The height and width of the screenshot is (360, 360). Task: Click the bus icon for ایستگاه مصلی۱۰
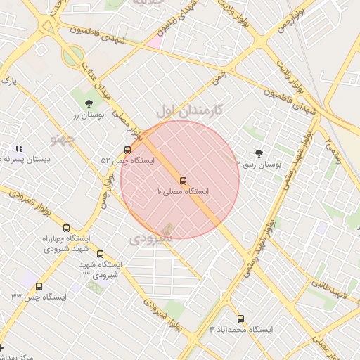coord(184,181)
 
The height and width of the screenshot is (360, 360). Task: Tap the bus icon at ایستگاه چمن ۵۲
coord(127,150)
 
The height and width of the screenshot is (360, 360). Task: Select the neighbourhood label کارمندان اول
coord(188,110)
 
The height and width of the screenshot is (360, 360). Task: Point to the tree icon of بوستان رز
coord(89,104)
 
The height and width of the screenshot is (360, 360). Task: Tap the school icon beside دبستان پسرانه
coord(19,148)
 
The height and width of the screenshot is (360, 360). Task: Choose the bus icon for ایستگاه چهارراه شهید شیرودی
coord(67,228)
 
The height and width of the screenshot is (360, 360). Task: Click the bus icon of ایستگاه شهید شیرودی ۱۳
coord(100,254)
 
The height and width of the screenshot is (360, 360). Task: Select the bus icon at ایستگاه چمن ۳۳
coord(39,286)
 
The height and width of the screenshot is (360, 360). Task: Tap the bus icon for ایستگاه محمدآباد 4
coord(240,319)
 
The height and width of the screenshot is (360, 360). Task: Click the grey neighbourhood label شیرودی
coord(150,239)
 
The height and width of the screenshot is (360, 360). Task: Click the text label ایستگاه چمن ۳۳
coord(39,297)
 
